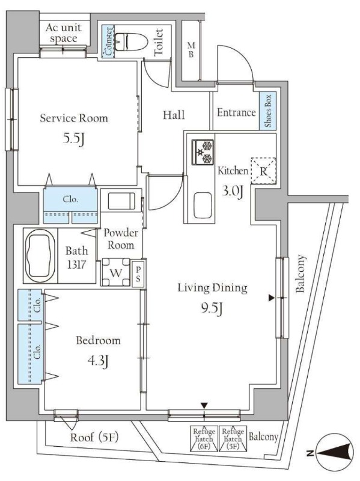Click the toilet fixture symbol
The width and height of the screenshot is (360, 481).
tap(131, 41)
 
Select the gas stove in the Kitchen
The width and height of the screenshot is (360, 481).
tap(203, 152)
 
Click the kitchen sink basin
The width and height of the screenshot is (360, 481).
tap(203, 205)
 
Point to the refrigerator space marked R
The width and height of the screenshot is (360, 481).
tap(263, 171)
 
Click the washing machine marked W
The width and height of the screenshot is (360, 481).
tap(116, 272)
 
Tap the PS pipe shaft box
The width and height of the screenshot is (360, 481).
tap(138, 274)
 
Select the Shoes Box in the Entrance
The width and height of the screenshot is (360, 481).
tap(267, 111)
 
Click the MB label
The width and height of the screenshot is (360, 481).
tap(191, 50)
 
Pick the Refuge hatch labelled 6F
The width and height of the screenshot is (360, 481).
tap(204, 439)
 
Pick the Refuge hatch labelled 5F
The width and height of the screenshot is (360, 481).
tap(233, 439)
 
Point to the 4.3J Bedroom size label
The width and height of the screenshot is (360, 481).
tap(98, 361)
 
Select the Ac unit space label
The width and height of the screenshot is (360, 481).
tap(64, 33)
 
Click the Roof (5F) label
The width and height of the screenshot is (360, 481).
tap(94, 437)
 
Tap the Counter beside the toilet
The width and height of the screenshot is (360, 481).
tap(108, 41)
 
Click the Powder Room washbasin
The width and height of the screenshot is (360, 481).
tap(121, 201)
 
